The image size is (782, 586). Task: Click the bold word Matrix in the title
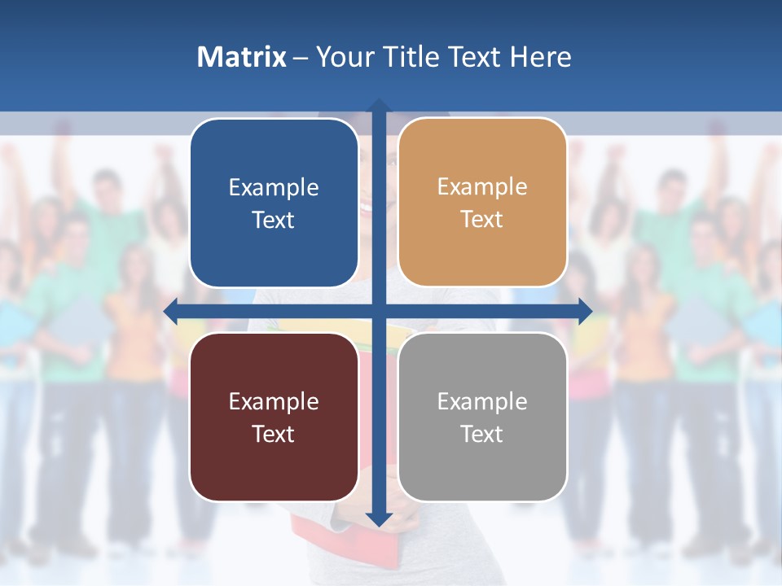click(x=241, y=57)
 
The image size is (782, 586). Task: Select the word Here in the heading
click(x=541, y=57)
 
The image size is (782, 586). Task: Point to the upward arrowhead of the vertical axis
click(x=379, y=107)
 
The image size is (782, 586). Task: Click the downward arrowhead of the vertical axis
click(x=379, y=518)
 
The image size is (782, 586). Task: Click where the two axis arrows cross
click(x=379, y=311)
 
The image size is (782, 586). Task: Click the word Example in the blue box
click(x=274, y=188)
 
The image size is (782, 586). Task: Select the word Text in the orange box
click(x=482, y=220)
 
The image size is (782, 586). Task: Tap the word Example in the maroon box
click(x=274, y=402)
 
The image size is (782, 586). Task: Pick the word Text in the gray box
click(x=482, y=435)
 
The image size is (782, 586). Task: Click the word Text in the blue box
click(x=274, y=221)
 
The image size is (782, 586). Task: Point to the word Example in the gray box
click(x=482, y=402)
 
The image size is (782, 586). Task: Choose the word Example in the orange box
click(x=482, y=187)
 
